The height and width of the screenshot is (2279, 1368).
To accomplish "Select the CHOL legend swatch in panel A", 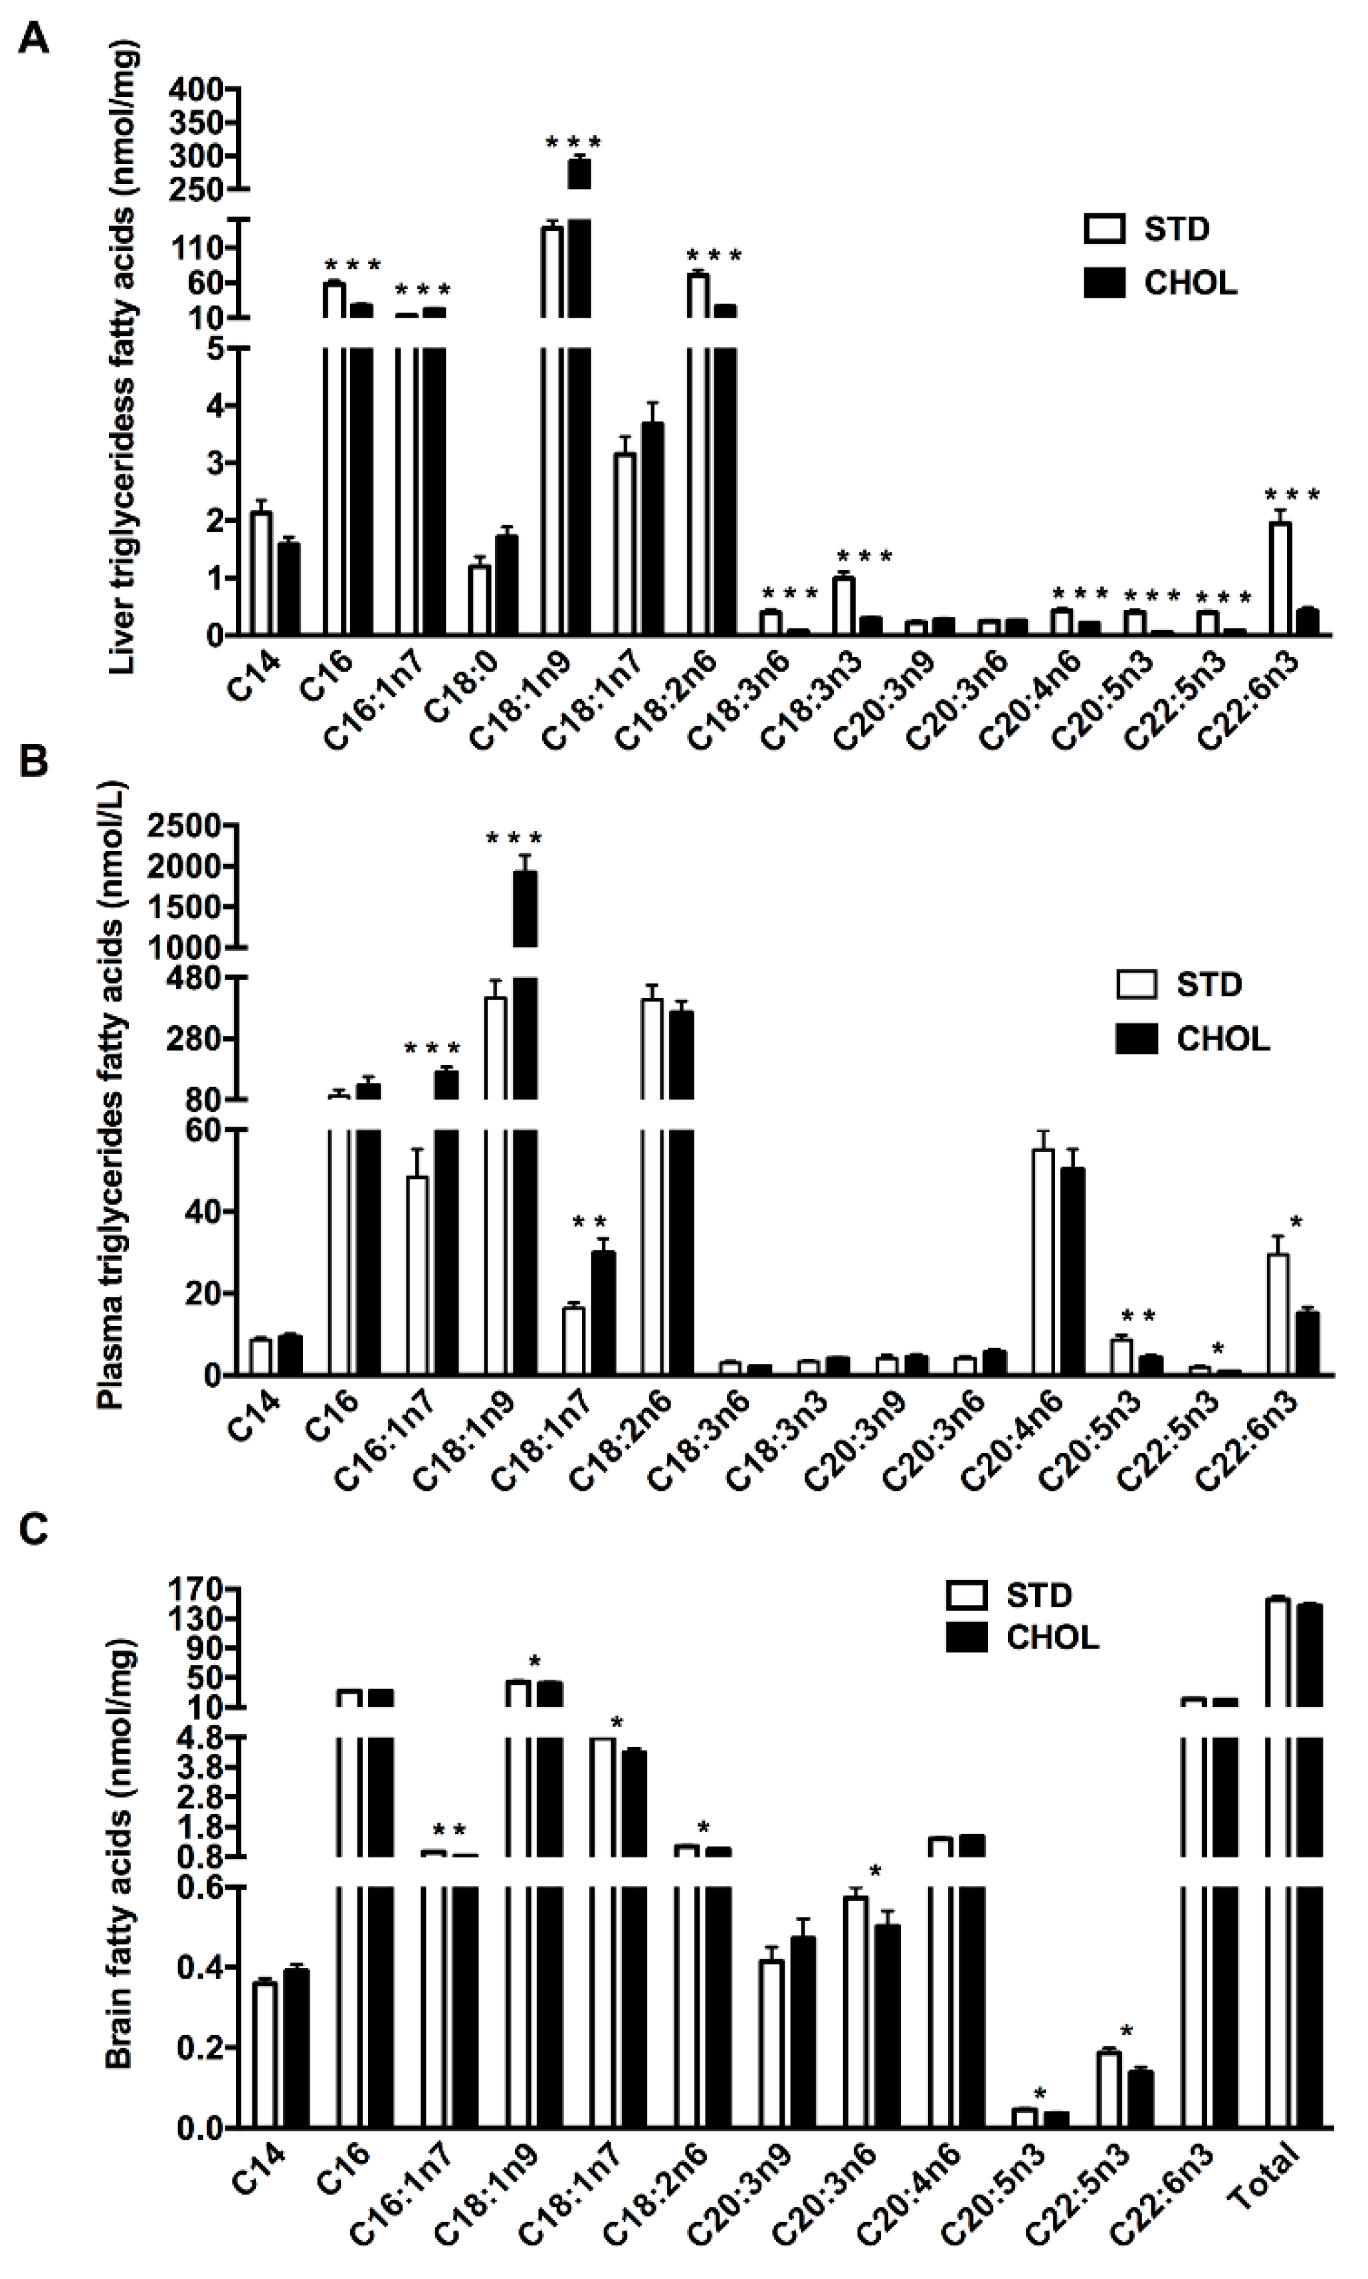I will point(1104,283).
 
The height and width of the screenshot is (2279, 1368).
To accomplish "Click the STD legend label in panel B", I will point(1209,984).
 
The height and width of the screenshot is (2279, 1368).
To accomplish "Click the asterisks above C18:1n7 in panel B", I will point(590,1223).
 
